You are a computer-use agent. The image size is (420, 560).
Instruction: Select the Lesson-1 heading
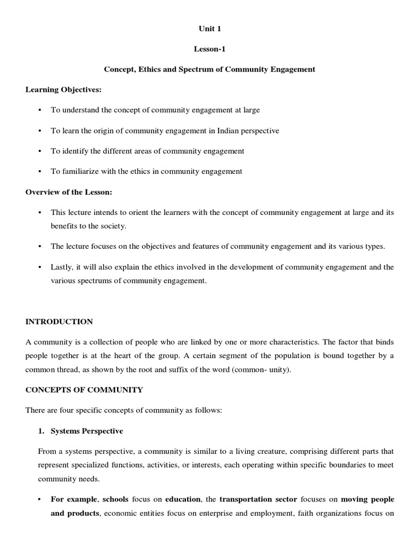[x=209, y=49]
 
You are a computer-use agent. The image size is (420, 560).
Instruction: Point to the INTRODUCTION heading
[x=59, y=322]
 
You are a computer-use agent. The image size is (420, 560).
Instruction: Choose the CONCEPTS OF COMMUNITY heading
[x=84, y=390]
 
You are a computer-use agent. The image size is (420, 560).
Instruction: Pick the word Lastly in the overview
[x=62, y=267]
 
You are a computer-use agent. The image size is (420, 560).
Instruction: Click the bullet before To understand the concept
[x=40, y=110]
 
